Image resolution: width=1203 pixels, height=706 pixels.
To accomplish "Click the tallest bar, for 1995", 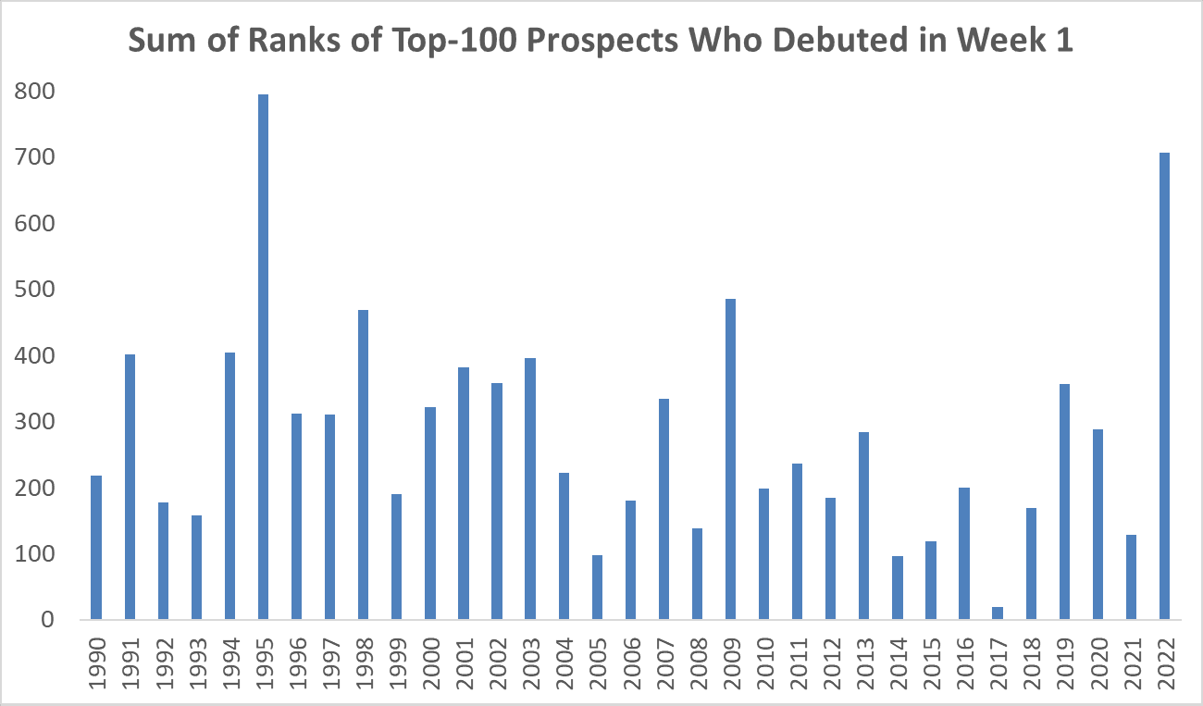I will [264, 357].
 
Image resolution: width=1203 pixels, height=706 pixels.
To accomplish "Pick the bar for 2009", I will [730, 459].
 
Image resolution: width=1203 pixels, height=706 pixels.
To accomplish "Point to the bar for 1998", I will [364, 464].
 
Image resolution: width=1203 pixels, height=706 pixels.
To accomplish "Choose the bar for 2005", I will [597, 587].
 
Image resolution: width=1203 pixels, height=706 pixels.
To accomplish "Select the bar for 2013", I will [863, 526].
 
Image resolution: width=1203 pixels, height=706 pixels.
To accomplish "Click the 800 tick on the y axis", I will [35, 92].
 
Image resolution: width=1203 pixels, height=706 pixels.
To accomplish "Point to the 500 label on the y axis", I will [35, 290].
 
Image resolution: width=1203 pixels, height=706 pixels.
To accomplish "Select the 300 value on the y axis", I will [35, 422].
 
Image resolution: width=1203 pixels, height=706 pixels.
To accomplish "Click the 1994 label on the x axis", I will [230, 661].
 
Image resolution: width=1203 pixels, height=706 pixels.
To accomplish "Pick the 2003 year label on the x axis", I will [531, 661].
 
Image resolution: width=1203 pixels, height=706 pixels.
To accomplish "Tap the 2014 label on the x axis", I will [898, 661].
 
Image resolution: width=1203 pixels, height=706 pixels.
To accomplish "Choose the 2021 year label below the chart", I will [1131, 661].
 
